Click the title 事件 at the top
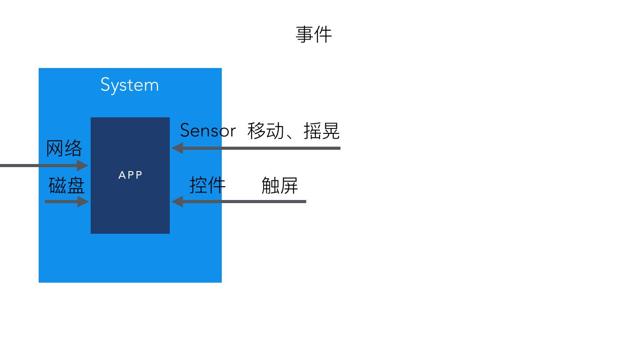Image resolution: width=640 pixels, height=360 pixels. [314, 35]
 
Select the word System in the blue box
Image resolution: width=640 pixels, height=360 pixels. [129, 85]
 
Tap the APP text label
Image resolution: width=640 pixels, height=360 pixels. [130, 175]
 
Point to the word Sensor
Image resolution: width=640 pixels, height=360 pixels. [208, 131]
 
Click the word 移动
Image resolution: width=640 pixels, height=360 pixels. [265, 131]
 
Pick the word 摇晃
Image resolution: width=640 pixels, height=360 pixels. [321, 131]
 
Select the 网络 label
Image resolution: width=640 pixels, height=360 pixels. [64, 148]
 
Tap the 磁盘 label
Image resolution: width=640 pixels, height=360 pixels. [66, 185]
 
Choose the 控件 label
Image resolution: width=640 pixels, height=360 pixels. [208, 185]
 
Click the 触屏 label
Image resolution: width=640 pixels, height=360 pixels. [280, 185]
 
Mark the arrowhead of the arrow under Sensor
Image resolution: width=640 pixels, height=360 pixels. [177, 148]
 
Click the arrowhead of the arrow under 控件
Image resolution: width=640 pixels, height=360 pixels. [177, 201]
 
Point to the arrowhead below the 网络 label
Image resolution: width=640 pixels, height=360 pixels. [83, 166]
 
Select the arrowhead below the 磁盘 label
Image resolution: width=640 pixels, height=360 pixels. [83, 201]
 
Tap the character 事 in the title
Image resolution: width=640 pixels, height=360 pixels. [305, 35]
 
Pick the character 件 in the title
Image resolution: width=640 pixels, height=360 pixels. [323, 35]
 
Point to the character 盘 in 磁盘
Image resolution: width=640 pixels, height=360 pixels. [76, 185]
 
